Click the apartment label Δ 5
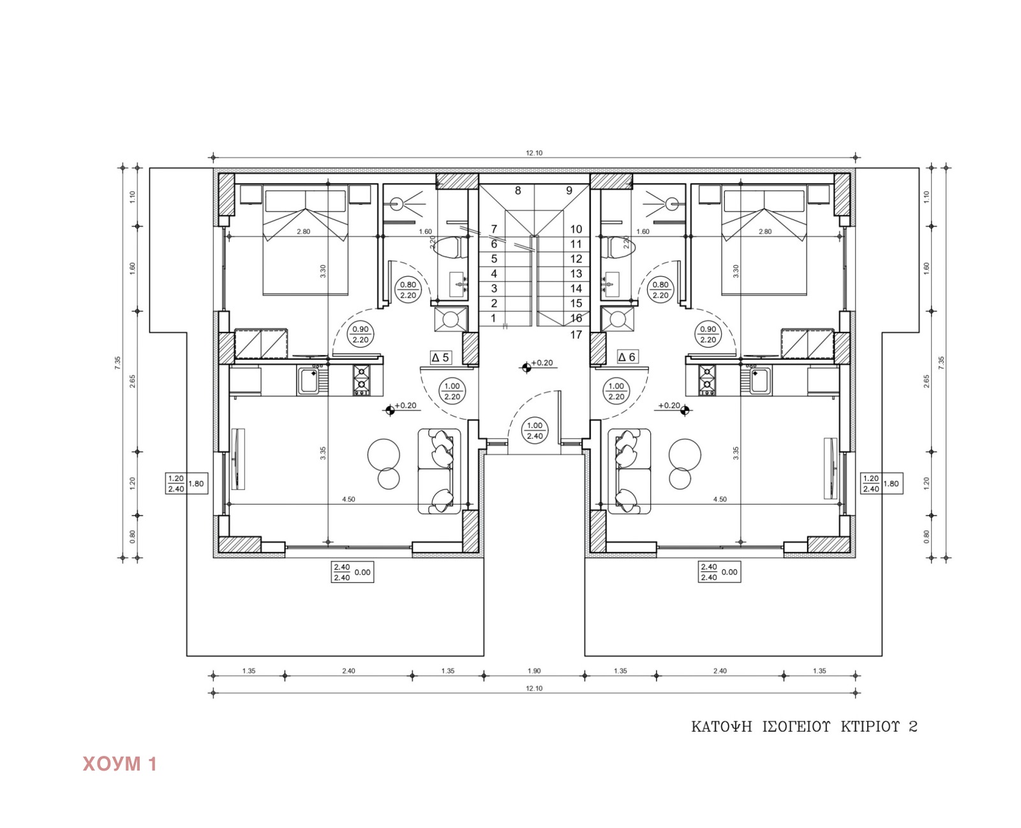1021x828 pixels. tap(441, 358)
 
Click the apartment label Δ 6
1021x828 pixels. tap(627, 357)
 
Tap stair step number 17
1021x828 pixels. tap(576, 335)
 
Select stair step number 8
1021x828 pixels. tap(518, 191)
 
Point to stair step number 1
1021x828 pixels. tap(493, 318)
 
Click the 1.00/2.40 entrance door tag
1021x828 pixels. tap(535, 431)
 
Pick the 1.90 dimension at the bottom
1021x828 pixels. tap(534, 671)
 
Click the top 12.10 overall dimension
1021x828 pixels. tap(534, 153)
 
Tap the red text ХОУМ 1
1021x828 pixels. tap(120, 764)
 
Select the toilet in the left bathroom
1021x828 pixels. tap(449, 247)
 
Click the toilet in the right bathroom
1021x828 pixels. tap(618, 247)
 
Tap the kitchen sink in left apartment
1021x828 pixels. tap(311, 381)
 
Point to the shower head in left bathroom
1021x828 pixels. tap(398, 204)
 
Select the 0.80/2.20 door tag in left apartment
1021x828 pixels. tap(408, 290)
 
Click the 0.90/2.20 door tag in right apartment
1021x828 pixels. tap(708, 334)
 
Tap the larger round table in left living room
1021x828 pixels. tap(384, 455)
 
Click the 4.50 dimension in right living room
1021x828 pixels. tap(719, 499)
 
